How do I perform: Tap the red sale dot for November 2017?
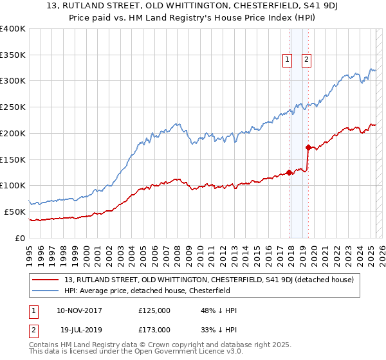(x=289, y=172)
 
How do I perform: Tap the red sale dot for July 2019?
(x=308, y=147)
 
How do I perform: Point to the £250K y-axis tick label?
(x=13, y=107)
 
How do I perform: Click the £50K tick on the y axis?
(x=15, y=212)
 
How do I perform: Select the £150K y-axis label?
(x=13, y=159)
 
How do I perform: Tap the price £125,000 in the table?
(x=154, y=310)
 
